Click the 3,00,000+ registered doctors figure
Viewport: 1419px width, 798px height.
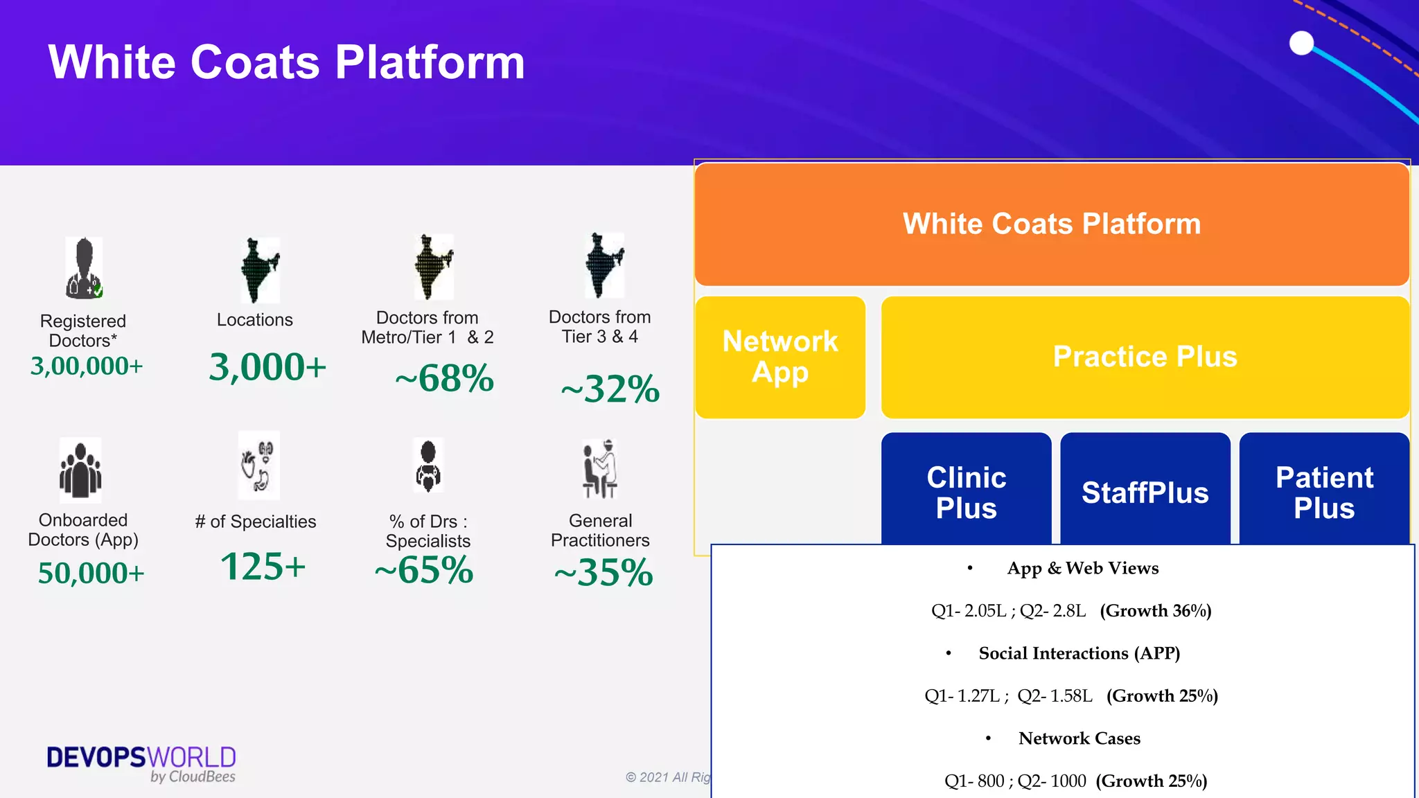point(87,366)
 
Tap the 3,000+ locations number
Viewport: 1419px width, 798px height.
point(267,366)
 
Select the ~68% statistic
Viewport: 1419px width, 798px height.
point(445,378)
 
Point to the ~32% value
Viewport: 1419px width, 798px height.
point(610,389)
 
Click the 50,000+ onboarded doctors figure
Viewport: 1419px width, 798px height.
point(91,573)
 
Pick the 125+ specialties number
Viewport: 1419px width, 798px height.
point(263,567)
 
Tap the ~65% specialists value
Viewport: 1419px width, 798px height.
point(424,570)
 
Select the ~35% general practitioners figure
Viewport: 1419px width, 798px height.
point(603,572)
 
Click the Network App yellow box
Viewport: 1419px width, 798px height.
point(780,357)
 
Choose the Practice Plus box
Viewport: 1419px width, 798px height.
point(1145,357)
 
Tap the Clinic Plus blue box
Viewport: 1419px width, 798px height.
point(966,492)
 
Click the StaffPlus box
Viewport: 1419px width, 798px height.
point(1145,492)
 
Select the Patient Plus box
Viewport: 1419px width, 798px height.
point(1324,492)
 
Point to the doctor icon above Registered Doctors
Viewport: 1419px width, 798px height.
point(84,268)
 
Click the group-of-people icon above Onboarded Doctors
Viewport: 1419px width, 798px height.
point(80,469)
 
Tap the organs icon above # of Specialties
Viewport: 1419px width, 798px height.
point(258,465)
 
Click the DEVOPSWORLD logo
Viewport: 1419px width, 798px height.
point(141,763)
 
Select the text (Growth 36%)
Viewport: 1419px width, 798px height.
point(1155,610)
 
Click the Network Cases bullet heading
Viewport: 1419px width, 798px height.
point(1079,738)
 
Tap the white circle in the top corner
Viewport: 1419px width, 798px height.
point(1301,43)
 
